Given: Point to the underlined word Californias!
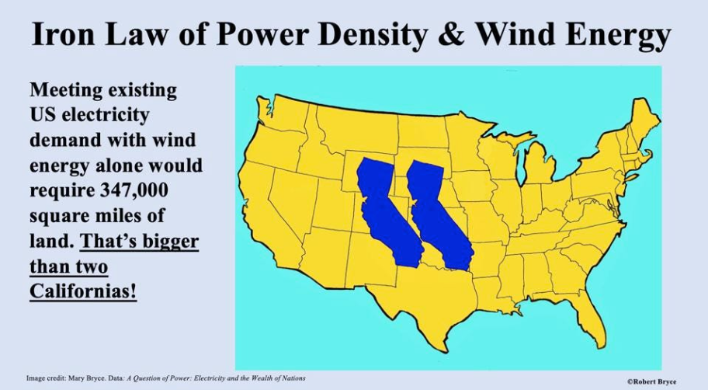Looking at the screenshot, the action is point(83,291).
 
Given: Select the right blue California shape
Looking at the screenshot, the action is point(438,215).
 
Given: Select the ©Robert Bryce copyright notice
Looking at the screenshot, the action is point(651,382).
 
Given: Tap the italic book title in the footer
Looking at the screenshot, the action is point(216,378).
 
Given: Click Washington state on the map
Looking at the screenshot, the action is point(283,112).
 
